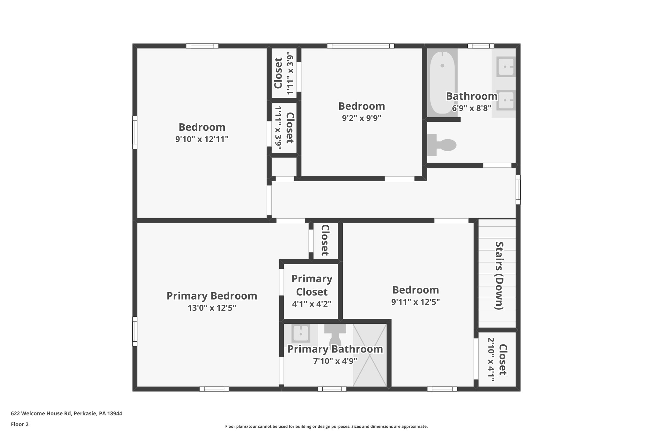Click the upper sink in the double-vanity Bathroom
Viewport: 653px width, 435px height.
506,67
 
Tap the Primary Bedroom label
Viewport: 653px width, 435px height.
212,296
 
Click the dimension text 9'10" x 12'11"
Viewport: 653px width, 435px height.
202,139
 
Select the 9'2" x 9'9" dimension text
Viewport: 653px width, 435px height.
362,118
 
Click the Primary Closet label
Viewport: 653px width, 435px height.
312,285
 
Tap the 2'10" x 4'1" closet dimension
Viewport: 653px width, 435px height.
491,359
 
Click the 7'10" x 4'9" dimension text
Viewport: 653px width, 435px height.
335,361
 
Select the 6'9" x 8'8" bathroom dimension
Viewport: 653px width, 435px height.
471,108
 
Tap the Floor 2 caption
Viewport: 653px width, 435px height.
20,424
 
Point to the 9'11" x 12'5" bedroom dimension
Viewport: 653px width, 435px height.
415,302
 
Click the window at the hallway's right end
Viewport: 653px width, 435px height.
518,190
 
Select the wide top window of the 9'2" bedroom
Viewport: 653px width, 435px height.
361,46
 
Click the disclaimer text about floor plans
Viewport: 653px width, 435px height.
326,426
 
